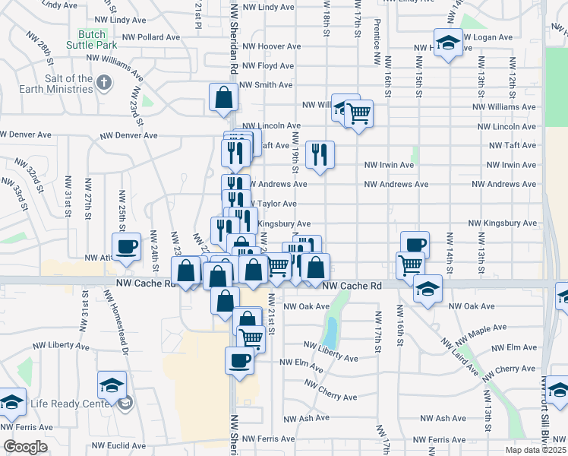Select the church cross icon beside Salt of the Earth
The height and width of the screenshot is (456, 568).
point(104,81)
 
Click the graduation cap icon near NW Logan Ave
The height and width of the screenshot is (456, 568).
point(448,42)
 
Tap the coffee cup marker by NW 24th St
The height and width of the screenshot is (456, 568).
point(126,245)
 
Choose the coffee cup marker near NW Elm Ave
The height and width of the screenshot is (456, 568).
point(239,359)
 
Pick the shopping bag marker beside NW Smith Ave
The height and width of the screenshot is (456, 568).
point(224,97)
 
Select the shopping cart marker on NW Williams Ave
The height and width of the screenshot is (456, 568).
point(358,114)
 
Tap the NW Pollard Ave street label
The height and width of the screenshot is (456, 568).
point(156,36)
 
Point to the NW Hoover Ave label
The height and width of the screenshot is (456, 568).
point(264,46)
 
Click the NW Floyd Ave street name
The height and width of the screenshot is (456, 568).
point(266,66)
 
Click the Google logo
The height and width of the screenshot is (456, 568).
point(25,446)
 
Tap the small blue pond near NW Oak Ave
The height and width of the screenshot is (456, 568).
point(330,331)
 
